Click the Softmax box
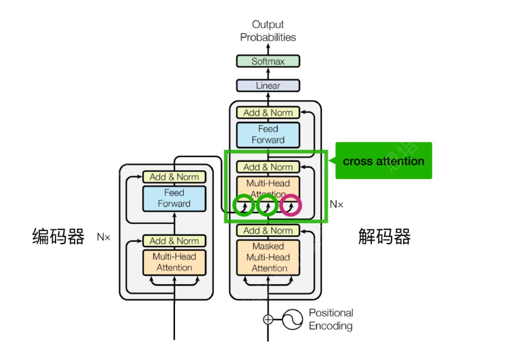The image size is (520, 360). tap(268, 61)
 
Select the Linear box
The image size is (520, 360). tap(268, 85)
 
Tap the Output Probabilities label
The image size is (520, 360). tap(268, 31)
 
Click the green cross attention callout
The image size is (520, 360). tap(383, 161)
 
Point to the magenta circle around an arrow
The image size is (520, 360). tap(291, 205)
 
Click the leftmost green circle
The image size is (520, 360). tap(244, 205)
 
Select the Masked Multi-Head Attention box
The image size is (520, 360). tap(269, 257)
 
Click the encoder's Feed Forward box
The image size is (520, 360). tap(174, 198)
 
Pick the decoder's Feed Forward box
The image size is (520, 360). tap(268, 134)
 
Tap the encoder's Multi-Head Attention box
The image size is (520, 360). tap(174, 262)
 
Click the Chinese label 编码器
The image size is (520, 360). tap(58, 237)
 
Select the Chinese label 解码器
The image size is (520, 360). tap(384, 237)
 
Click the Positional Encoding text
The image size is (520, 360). tap(331, 319)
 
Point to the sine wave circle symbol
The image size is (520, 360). tap(292, 319)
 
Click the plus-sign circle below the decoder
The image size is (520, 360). tap(268, 319)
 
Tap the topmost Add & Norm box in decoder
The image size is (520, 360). tap(268, 112)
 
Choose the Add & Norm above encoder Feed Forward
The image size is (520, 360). tap(174, 177)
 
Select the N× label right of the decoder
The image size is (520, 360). tap(337, 204)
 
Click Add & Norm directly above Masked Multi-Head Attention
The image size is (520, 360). tap(268, 230)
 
